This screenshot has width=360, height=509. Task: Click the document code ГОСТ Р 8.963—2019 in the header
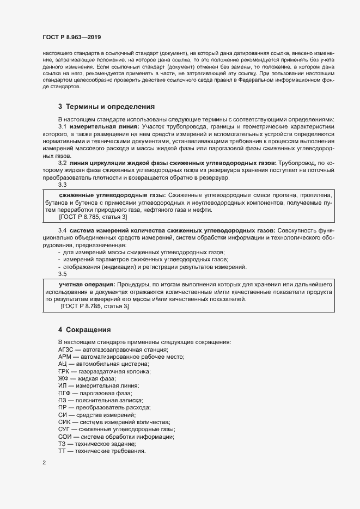72,36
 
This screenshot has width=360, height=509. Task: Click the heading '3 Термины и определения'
106,107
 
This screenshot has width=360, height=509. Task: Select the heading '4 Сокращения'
84,330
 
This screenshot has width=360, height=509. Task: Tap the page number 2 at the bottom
44,463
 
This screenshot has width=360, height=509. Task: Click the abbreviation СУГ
65,430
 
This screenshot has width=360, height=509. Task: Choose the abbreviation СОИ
65,437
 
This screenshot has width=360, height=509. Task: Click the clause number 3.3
62,185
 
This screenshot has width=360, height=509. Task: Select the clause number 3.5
62,274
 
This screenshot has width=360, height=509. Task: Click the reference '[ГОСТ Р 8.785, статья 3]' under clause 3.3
94,217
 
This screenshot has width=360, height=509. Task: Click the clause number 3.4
62,230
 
